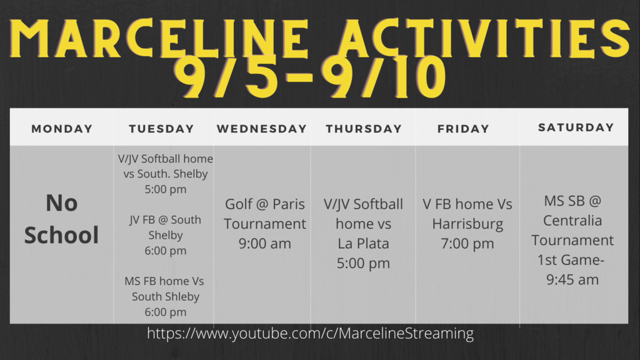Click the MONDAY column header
(62, 129)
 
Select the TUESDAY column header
(161, 129)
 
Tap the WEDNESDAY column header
(262, 129)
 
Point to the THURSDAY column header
(364, 129)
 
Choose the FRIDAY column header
(463, 129)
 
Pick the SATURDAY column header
(576, 127)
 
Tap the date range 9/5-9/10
(310, 77)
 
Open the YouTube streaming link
(310, 334)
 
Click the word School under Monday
(62, 235)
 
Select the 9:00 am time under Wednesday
(265, 244)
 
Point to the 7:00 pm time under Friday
(467, 244)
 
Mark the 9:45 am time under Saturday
(572, 280)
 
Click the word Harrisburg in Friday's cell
(467, 224)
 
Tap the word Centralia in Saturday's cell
(572, 221)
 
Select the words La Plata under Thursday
(363, 244)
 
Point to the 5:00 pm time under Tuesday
(165, 189)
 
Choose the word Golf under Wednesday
(238, 204)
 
